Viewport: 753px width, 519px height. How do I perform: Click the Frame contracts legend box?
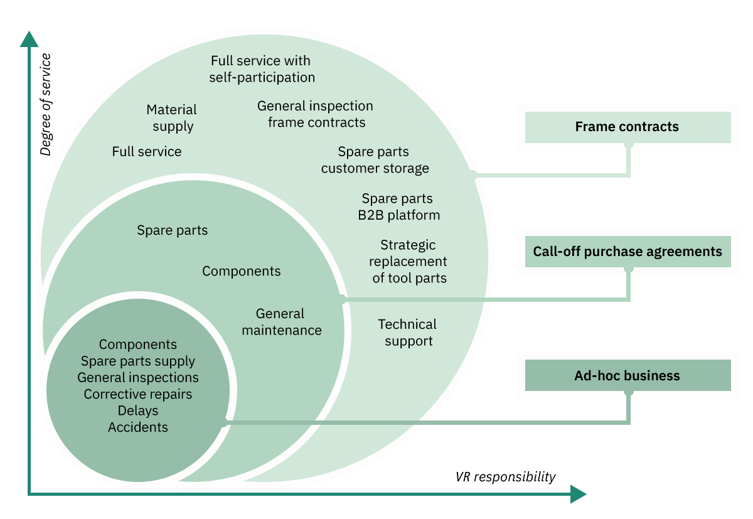[627, 127]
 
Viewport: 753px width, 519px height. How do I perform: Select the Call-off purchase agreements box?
[627, 252]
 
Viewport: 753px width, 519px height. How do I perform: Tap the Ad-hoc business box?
[627, 375]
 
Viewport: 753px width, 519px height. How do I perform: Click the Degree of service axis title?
[46, 104]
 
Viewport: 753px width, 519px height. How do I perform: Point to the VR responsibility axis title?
[505, 477]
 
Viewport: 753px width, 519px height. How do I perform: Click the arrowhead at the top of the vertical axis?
[29, 39]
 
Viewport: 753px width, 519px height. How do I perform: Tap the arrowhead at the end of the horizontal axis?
[578, 494]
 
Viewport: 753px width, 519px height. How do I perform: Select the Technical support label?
[407, 333]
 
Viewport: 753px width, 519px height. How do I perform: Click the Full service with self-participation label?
[262, 69]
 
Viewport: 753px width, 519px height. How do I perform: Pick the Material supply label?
[171, 118]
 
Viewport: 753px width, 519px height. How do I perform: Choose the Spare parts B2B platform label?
[398, 206]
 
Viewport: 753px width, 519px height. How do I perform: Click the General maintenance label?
[281, 322]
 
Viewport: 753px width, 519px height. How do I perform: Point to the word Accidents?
[138, 427]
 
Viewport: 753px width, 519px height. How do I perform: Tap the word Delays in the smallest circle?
[138, 411]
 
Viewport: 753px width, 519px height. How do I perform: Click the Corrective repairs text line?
[138, 394]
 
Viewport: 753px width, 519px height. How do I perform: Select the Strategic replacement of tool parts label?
[408, 262]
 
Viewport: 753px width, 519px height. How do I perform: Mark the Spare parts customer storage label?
[375, 159]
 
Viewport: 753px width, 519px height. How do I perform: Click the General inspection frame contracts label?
[315, 114]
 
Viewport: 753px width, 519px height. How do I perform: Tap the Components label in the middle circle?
[242, 271]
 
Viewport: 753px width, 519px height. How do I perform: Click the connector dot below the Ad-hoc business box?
[628, 392]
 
